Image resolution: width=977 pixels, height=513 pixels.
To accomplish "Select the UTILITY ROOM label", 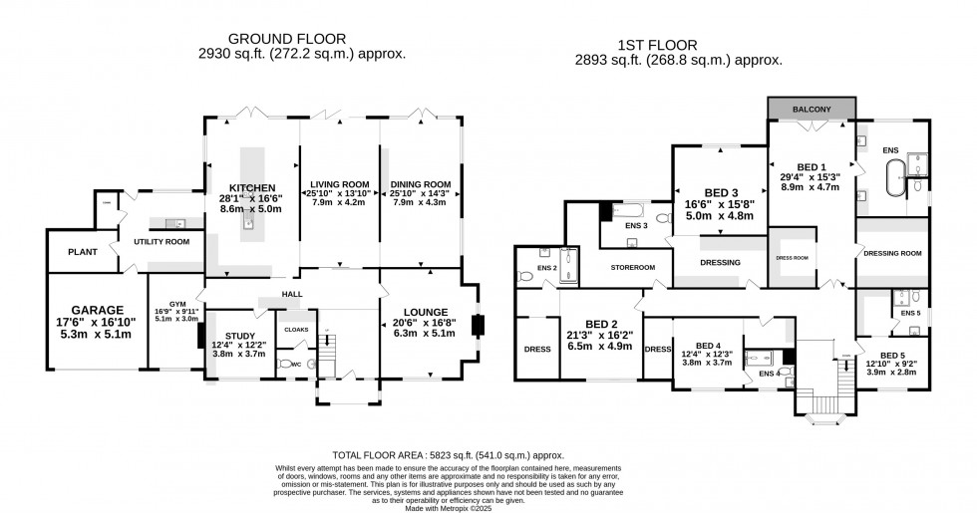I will tap(163, 242).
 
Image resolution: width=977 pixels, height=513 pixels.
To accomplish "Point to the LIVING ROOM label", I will tap(338, 184).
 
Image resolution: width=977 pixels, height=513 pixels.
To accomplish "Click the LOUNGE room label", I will tap(419, 312).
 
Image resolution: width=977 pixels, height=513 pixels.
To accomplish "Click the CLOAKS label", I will tap(297, 329).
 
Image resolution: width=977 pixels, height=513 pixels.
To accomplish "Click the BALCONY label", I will tap(812, 109).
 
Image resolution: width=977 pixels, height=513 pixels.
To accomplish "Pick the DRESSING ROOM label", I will tap(890, 254).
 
